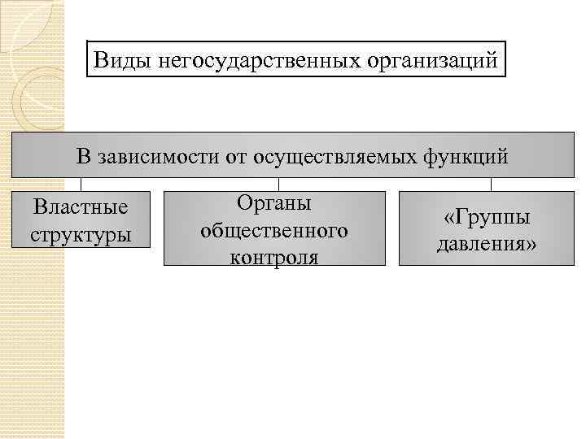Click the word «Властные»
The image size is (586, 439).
coord(81,207)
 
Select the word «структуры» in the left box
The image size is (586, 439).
coord(81,235)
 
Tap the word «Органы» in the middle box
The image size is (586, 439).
coord(274,203)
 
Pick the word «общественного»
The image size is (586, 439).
coord(274,230)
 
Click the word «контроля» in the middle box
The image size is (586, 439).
coord(274,256)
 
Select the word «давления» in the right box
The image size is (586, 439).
coord(487,243)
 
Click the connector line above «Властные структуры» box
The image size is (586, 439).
coord(81,184)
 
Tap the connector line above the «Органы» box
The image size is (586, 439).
coord(280,184)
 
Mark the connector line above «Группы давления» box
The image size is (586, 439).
coord(491,184)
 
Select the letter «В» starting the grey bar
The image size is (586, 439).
coord(84,155)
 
